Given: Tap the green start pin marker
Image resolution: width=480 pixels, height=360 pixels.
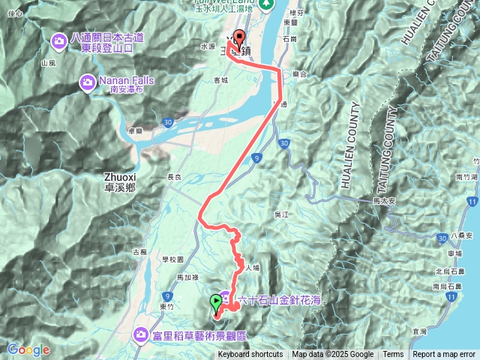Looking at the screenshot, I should pos(217,302).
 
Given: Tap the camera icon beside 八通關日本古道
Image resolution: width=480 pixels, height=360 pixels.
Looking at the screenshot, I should pos(58,40).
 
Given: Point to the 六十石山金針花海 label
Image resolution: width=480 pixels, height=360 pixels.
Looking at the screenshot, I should pos(278,301).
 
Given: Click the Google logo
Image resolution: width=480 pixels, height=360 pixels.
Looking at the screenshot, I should pos(28,349).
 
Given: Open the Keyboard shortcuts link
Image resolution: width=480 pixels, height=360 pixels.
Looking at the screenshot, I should pos(250,355).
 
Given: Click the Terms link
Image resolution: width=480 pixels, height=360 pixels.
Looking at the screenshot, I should pos(393,355).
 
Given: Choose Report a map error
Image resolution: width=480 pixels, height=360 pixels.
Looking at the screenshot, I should pos(444,355).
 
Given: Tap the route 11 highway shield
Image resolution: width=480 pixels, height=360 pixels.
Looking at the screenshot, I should pos(470,202).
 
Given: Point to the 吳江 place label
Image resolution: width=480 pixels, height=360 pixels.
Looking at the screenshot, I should pos(282,214).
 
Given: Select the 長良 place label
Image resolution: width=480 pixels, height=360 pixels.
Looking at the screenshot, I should pos(174,177).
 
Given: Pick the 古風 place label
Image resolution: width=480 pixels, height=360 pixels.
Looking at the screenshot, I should pos(139,252).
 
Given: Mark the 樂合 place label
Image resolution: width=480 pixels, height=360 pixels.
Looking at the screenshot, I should pos(300,74).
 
